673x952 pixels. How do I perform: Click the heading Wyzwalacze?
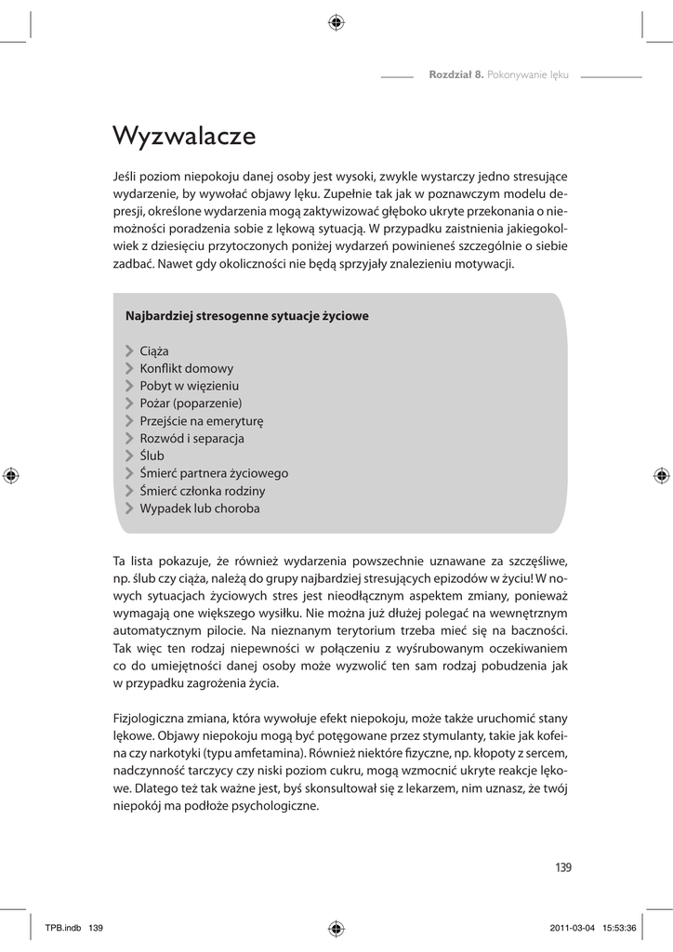coord(183,136)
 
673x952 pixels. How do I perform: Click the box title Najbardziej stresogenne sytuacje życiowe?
coord(246,316)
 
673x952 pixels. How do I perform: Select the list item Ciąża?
coord(153,350)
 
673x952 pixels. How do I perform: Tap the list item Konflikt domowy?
coord(186,368)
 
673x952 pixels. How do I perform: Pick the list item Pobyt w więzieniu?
coord(189,386)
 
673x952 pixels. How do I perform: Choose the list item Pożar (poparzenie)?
coord(191,403)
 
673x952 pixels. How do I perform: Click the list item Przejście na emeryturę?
coord(202,421)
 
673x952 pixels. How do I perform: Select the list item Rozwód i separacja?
coord(191,439)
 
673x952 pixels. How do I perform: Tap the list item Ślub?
coord(152,456)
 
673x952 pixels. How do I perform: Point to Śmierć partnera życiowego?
coord(214,473)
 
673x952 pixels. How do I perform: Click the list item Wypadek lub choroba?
coord(199,509)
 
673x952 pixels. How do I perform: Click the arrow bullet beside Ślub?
coord(129,456)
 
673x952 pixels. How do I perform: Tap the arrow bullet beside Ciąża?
coord(129,350)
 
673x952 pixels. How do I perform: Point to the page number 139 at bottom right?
coord(562,868)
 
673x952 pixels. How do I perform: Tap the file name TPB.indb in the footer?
coord(63,928)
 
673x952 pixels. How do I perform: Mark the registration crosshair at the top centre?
coord(336,23)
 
